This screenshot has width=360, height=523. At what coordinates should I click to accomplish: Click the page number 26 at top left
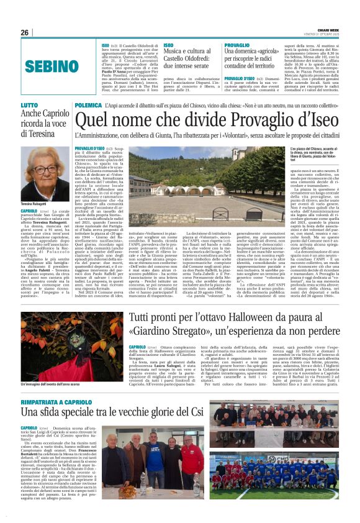(x=24, y=32)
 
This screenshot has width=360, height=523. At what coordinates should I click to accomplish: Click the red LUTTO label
(x=30, y=106)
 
